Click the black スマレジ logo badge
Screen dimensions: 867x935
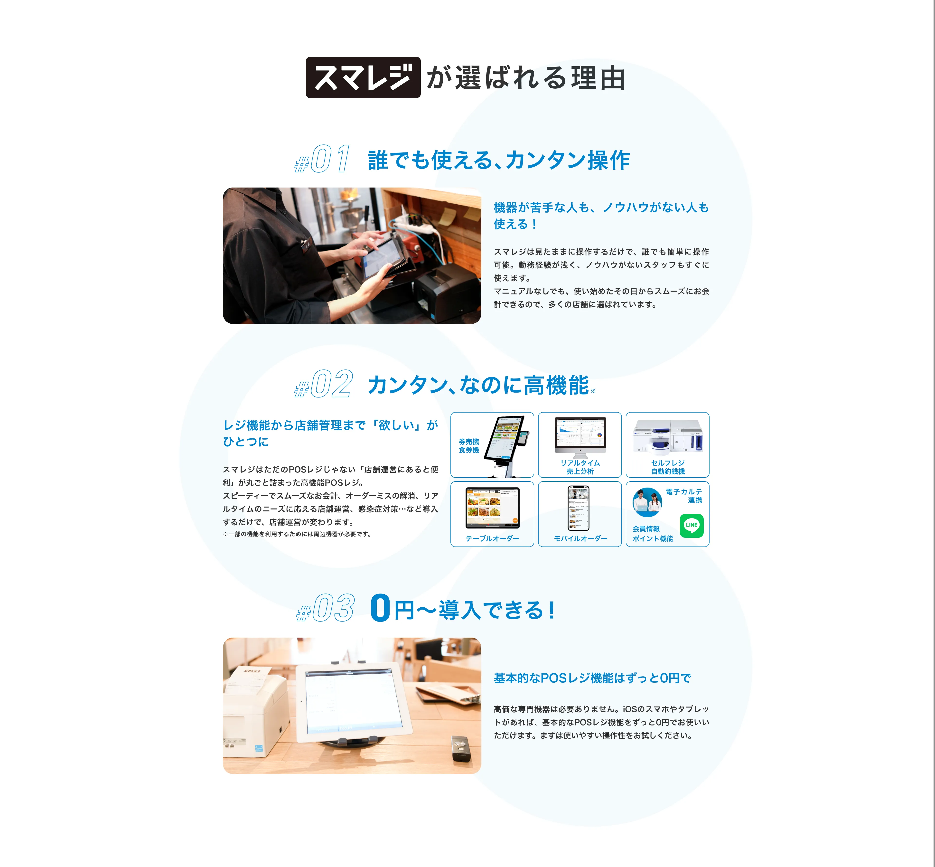[x=363, y=77]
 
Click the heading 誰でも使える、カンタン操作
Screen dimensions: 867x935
[x=499, y=160]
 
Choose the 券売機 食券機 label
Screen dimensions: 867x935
[x=469, y=446]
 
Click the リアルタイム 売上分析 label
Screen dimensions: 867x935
[x=580, y=467]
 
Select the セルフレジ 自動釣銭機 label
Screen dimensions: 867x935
[x=668, y=467]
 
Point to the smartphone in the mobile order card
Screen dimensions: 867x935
[x=579, y=508]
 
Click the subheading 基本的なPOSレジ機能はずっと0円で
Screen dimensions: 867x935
[x=592, y=678]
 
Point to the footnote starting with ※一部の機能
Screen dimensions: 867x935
[x=297, y=534]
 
